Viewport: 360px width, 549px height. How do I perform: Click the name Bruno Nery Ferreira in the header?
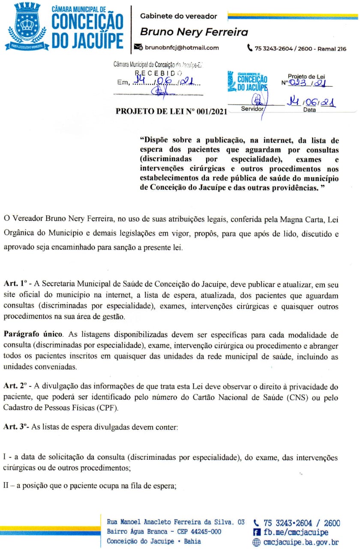point(194,32)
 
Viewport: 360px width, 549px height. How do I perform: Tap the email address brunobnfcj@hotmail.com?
point(182,48)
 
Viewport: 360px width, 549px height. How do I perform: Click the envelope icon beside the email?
point(138,48)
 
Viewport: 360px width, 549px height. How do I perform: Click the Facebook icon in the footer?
point(257,532)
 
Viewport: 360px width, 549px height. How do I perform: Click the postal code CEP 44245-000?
point(195,532)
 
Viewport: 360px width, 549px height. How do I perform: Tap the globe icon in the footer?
point(257,542)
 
